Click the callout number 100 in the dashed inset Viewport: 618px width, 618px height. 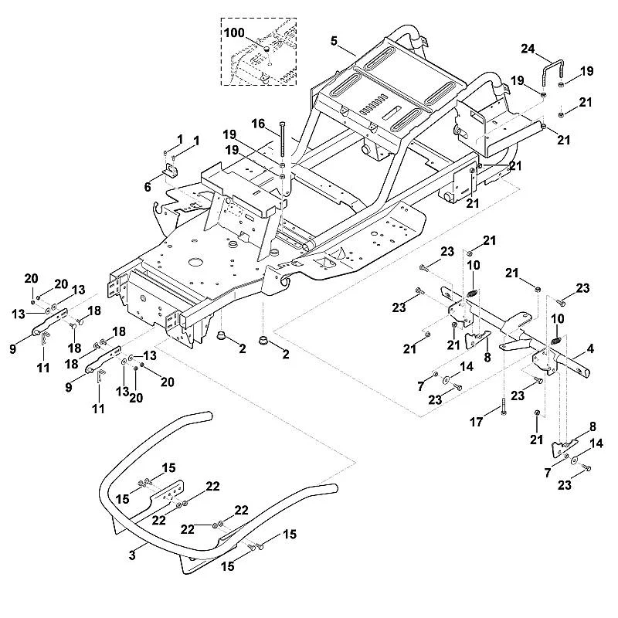point(234,32)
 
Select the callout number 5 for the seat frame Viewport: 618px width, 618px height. point(334,41)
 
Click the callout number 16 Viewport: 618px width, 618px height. point(258,124)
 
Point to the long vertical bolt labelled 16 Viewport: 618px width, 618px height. point(282,141)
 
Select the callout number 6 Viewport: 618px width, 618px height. point(148,187)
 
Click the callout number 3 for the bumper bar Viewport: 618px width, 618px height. point(132,555)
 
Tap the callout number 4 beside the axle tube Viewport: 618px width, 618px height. point(590,348)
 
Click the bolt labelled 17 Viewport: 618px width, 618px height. point(504,406)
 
